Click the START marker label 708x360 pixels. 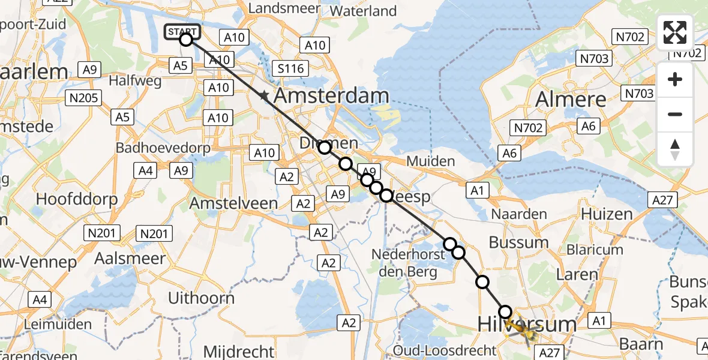point(181,31)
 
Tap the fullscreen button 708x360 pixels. point(675,32)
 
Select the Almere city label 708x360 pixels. point(571,98)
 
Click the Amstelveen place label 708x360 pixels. point(233,203)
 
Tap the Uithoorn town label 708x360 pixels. point(201,297)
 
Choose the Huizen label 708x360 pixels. point(607,214)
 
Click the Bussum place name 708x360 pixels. point(518,242)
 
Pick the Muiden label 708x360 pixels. point(431,161)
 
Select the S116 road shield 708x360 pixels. point(290,68)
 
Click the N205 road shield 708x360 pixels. point(85,97)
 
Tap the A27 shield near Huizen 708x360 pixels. point(662,200)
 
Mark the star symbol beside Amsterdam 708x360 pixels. point(264,95)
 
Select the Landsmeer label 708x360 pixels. point(276,8)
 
